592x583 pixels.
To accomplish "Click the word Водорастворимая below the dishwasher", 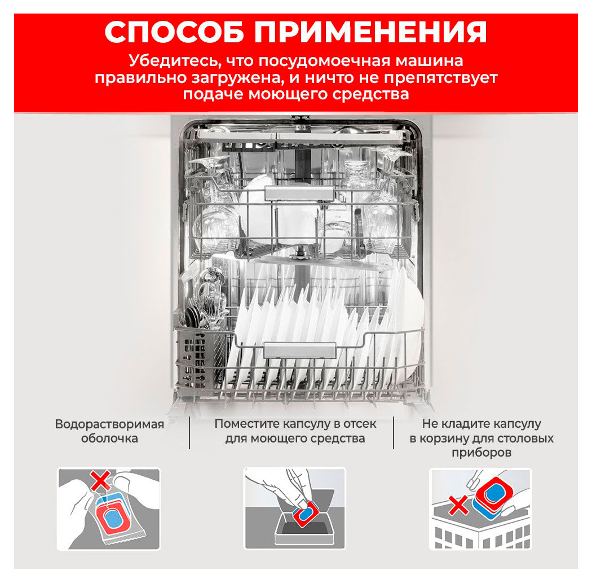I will point(109,424).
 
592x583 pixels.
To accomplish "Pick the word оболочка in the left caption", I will point(109,439).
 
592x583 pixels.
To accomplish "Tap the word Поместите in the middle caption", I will point(246,424).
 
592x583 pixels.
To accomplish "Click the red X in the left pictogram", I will point(100,482).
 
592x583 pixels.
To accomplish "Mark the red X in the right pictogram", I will point(458,506).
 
